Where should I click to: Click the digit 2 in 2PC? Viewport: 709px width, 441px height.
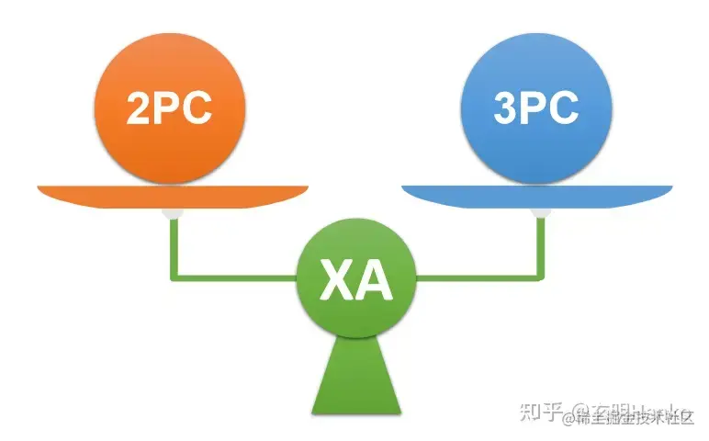click(x=139, y=107)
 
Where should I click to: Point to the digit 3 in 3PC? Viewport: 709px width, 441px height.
click(x=506, y=108)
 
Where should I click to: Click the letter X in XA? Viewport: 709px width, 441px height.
click(x=336, y=282)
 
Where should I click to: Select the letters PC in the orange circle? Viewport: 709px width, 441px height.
click(x=184, y=107)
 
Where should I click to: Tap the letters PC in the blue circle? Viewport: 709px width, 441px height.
click(x=550, y=108)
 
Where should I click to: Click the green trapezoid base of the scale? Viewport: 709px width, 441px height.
click(x=355, y=377)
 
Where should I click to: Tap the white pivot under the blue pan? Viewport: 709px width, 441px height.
click(x=540, y=214)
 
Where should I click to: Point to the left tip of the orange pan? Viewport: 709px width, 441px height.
click(x=41, y=189)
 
